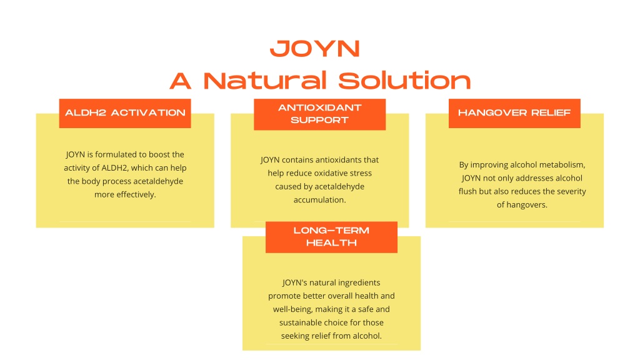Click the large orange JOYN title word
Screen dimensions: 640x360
pyautogui.click(x=315, y=49)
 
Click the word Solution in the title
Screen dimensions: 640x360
pyautogui.click(x=404, y=81)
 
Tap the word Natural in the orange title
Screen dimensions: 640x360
pyautogui.click(x=265, y=81)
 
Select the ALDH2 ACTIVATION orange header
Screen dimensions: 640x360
pyautogui.click(x=125, y=113)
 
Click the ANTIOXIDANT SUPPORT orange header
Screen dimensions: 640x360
pyautogui.click(x=319, y=114)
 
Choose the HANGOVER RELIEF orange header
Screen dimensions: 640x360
pyautogui.click(x=514, y=113)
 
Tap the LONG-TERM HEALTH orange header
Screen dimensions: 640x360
pyautogui.click(x=331, y=237)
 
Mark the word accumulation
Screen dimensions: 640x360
pyautogui.click(x=319, y=200)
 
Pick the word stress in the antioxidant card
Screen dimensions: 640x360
pyautogui.click(x=359, y=173)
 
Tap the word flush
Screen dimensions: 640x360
pyautogui.click(x=467, y=191)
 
